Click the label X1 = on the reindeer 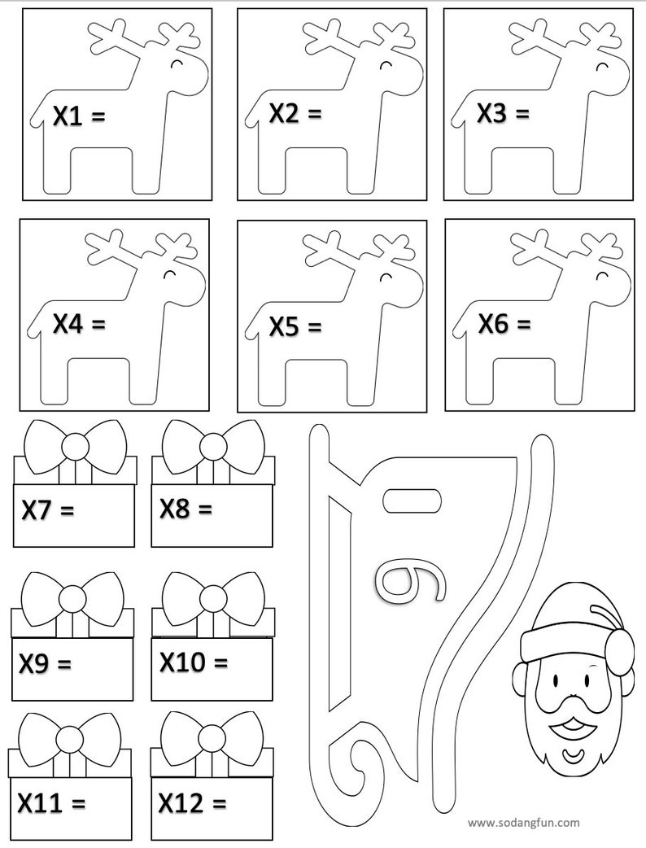coord(79,116)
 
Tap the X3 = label coord(503,114)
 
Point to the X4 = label coord(79,325)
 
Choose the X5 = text coord(295,327)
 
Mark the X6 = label coord(504,324)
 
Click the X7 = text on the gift coord(47,510)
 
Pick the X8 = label coord(186,509)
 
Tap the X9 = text coord(46,664)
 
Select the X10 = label coord(194,662)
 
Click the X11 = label coord(51,804)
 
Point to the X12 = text coord(192,803)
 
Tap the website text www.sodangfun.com coord(524,823)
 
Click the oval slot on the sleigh coord(412,500)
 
